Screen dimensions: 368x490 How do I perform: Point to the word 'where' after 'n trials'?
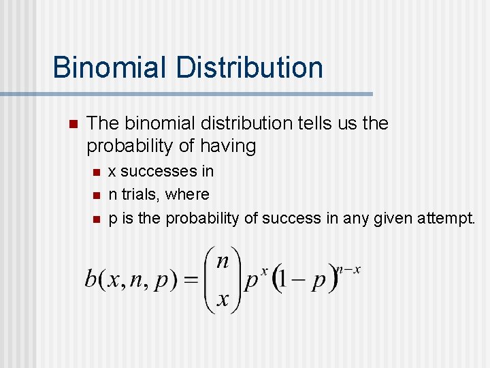tap(187, 194)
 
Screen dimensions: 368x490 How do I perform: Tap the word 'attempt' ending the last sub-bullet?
tap(448, 218)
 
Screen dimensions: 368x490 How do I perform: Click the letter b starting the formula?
tap(91, 279)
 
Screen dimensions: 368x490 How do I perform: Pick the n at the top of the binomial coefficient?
tap(222, 260)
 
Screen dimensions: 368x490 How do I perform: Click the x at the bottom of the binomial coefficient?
tap(222, 299)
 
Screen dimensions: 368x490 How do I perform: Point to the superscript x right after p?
tap(264, 270)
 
